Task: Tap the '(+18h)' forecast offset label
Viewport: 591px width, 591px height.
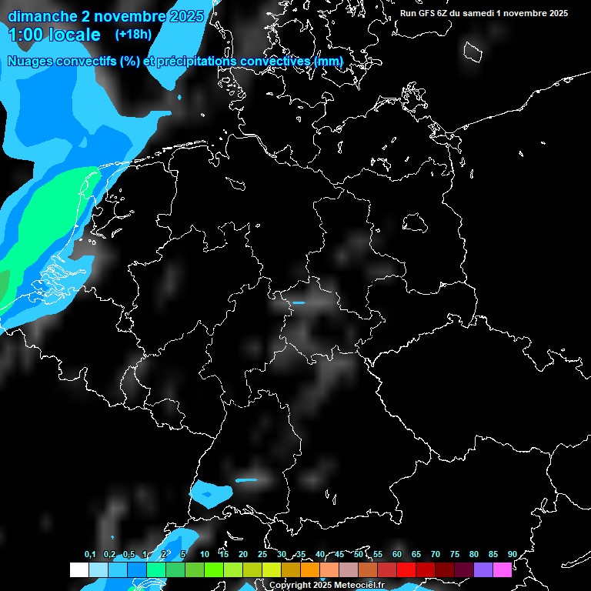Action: (x=133, y=34)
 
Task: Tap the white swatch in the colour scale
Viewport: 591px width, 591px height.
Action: (x=78, y=569)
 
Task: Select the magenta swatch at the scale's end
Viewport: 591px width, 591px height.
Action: (x=503, y=569)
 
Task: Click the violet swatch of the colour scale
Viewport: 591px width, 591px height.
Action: (x=483, y=569)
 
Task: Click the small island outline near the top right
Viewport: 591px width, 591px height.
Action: (x=472, y=52)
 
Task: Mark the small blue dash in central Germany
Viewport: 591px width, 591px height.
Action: (x=299, y=302)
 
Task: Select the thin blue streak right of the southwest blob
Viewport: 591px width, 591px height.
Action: (x=247, y=481)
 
